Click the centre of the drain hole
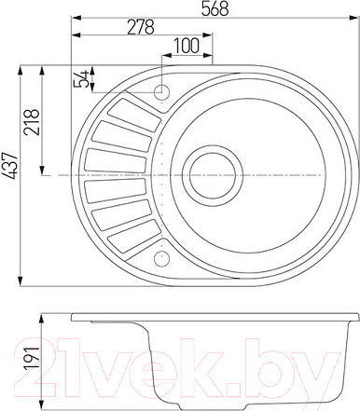point(212,173)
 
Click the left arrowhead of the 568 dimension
point(76,17)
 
